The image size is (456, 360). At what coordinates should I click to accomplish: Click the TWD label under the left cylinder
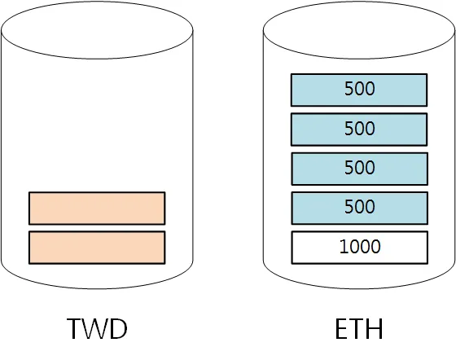(x=97, y=328)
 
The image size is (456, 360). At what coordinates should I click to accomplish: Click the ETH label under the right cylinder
(x=359, y=328)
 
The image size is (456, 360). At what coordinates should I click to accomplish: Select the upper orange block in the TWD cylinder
(x=97, y=209)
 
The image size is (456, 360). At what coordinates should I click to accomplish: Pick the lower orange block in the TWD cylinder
(x=97, y=248)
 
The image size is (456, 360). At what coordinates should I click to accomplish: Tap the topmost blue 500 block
(x=359, y=90)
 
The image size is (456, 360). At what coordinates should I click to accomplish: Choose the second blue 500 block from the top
(x=359, y=130)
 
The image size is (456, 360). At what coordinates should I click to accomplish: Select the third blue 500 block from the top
(x=359, y=169)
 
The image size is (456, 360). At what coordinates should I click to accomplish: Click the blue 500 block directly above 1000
(x=359, y=209)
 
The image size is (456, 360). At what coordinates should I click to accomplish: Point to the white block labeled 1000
(x=359, y=248)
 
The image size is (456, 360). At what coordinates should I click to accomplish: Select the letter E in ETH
(x=342, y=328)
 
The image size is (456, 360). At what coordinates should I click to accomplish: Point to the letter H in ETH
(x=375, y=328)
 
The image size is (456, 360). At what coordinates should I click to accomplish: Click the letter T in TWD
(x=75, y=328)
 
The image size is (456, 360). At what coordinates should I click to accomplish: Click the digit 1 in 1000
(x=344, y=247)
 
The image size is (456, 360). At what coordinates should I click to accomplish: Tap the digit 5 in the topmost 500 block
(x=349, y=89)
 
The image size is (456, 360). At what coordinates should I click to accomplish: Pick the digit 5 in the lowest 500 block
(x=349, y=206)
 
